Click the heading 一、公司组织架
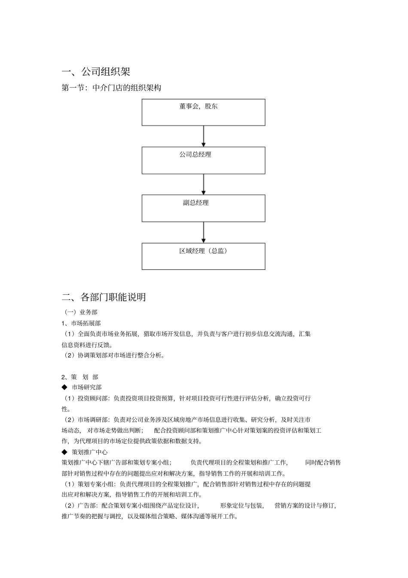coord(96,71)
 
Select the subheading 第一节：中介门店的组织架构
coord(111,88)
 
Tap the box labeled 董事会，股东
coord(203,112)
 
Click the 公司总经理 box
coord(203,160)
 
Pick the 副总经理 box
coord(203,208)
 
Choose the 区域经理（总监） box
coord(203,256)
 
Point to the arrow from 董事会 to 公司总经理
coord(204,136)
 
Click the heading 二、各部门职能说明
coord(104,297)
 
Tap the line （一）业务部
coord(80,312)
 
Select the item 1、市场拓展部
coord(81,323)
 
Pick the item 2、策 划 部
coord(80,377)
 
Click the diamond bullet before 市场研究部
coord(64,387)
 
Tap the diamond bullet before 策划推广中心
coord(64,452)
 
